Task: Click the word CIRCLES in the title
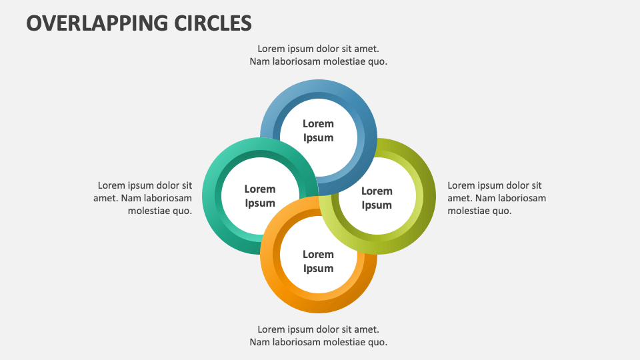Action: click(x=213, y=23)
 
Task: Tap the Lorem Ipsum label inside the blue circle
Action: click(x=318, y=131)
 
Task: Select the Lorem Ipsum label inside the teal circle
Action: click(x=259, y=196)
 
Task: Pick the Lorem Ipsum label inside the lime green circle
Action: click(x=377, y=198)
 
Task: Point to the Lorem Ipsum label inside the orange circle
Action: click(x=318, y=261)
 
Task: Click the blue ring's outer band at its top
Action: click(x=318, y=86)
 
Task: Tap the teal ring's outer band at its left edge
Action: click(x=209, y=196)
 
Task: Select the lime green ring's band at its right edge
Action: click(x=428, y=196)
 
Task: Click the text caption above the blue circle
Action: click(x=318, y=55)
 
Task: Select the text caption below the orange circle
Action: click(x=318, y=336)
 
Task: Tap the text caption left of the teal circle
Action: click(x=145, y=198)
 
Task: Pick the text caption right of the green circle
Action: click(x=496, y=198)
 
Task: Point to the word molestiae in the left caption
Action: click(x=151, y=211)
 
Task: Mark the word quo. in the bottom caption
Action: click(x=377, y=343)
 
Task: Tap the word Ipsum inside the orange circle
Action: click(x=318, y=269)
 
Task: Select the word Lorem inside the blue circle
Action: click(x=318, y=123)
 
